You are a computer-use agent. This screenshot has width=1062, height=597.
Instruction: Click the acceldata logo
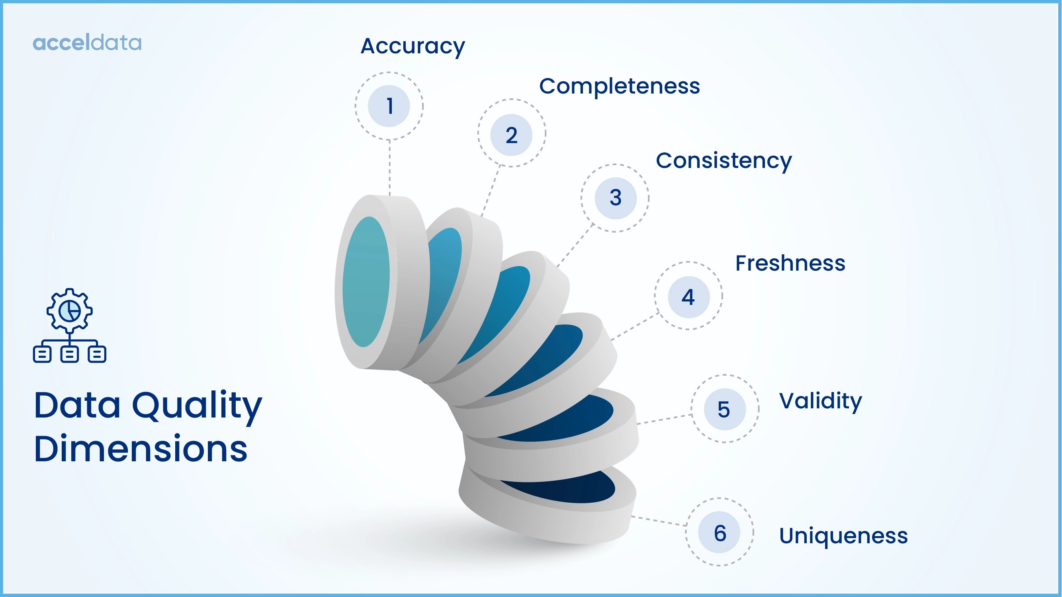tap(87, 43)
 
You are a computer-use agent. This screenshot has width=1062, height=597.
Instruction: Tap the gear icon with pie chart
tap(69, 310)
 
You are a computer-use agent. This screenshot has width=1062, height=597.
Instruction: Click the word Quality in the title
tap(197, 406)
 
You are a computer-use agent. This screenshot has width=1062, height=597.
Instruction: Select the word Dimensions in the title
tap(140, 449)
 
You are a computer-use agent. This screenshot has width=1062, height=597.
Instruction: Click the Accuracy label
tap(413, 46)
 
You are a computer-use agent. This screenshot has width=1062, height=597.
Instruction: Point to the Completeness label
tap(619, 86)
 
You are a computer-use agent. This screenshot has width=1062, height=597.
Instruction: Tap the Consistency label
tap(724, 161)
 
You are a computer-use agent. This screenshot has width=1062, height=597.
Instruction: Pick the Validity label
tap(820, 401)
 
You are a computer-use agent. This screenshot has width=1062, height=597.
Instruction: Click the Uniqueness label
tap(843, 536)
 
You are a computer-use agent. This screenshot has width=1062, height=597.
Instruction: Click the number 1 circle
tap(389, 106)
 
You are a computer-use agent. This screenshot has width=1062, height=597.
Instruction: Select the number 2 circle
tap(511, 135)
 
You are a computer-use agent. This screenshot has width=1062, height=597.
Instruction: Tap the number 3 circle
tap(615, 198)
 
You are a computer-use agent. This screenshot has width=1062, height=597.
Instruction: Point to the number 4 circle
tap(688, 297)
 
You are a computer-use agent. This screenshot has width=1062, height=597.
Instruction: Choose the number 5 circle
tap(724, 409)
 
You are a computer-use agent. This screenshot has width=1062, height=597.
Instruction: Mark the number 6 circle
tap(720, 532)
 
